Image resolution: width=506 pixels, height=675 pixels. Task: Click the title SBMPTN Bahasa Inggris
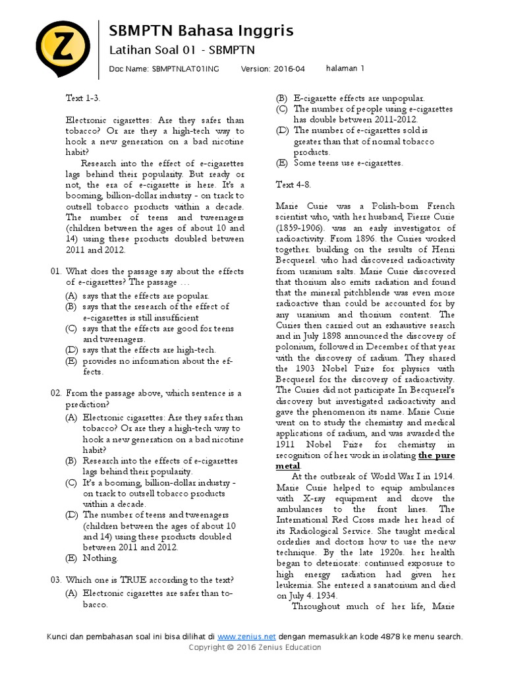pos(201,31)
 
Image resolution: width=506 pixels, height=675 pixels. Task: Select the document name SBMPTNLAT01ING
pos(186,69)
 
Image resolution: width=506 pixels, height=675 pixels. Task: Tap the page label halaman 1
pos(345,68)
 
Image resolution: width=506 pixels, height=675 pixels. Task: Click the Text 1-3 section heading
pos(83,98)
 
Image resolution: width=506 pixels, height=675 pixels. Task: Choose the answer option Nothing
pos(100,558)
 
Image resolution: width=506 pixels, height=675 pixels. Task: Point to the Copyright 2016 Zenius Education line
pos(255,647)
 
